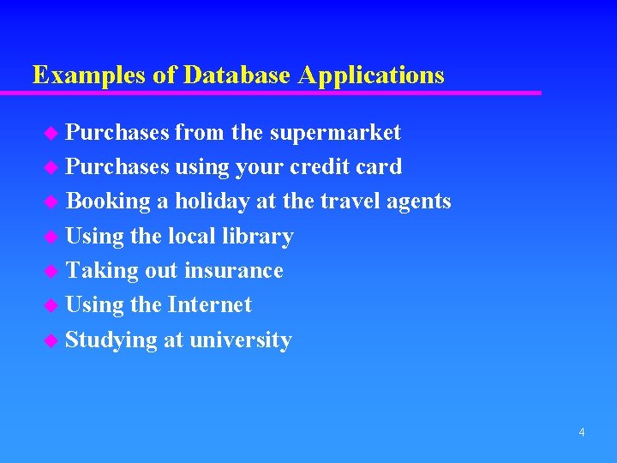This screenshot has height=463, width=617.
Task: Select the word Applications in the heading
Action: tap(371, 75)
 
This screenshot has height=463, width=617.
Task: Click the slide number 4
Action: tap(582, 432)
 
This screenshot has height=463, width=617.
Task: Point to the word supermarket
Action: tap(335, 133)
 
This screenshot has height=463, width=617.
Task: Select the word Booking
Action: tap(108, 201)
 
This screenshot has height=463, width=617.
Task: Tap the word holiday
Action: tap(213, 201)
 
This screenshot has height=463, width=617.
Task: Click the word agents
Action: tap(418, 201)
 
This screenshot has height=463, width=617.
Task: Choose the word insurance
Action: tap(234, 271)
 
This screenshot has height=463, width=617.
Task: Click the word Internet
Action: tap(210, 305)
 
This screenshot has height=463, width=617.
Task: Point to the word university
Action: tap(241, 340)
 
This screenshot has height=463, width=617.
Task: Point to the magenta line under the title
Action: tap(283, 93)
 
